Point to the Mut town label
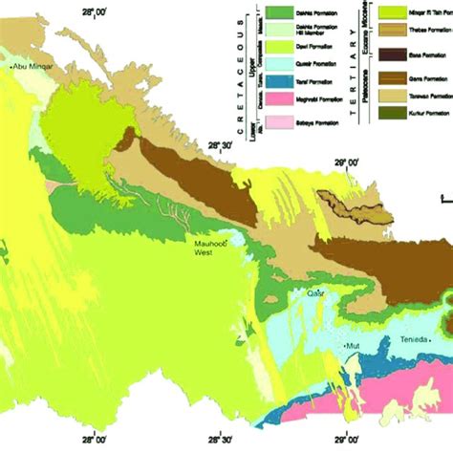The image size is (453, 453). pyautogui.click(x=353, y=345)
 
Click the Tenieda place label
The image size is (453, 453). pyautogui.click(x=413, y=339)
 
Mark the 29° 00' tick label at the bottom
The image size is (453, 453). pyautogui.click(x=353, y=442)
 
